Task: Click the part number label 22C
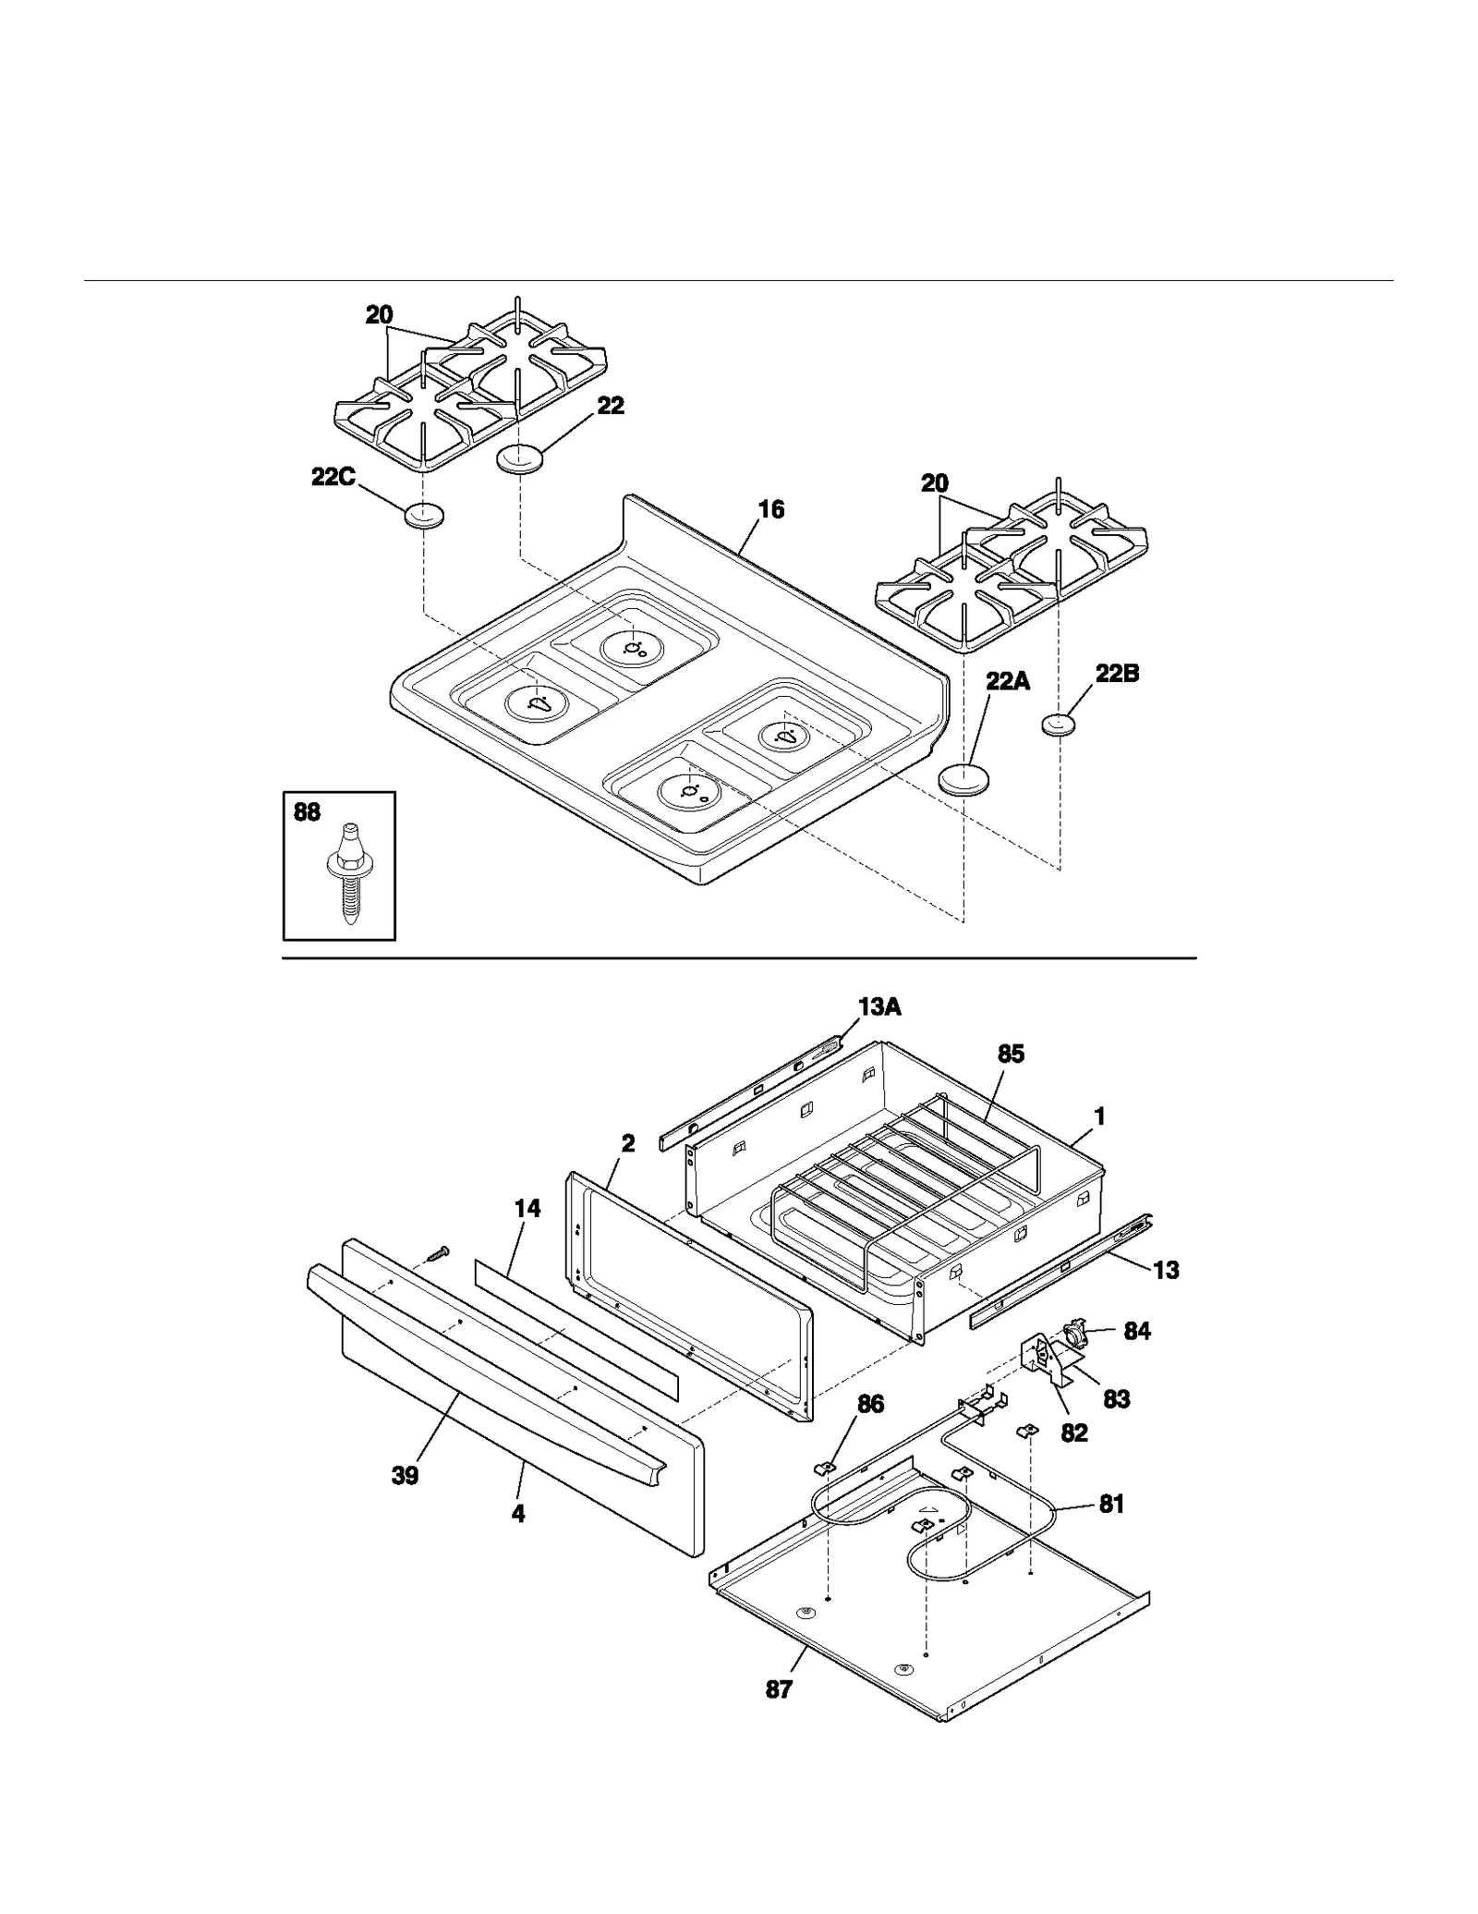tap(333, 478)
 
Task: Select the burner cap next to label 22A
tap(963, 778)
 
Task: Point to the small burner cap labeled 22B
tap(1060, 725)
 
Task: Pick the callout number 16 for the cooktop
tap(770, 509)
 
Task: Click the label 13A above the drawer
tap(878, 1007)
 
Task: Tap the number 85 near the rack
tap(1011, 1054)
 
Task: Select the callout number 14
tap(527, 1208)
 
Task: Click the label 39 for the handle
tap(405, 1476)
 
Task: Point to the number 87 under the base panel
tap(779, 1689)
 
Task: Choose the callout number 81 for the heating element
tap(1111, 1504)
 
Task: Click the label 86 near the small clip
tap(870, 1404)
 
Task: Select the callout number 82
tap(1073, 1432)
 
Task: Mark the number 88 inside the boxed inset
tap(307, 811)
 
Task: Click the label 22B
tap(1117, 674)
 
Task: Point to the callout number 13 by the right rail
tap(1166, 1270)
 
